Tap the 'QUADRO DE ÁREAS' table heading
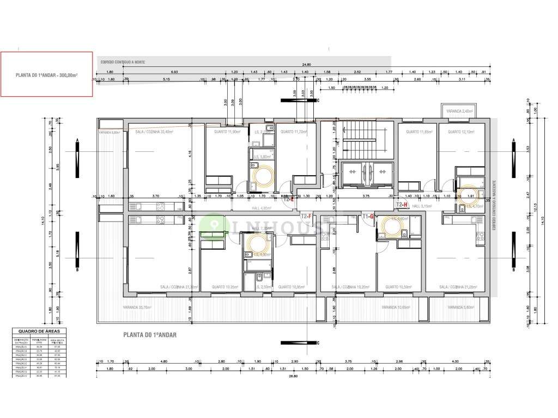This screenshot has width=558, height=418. pyautogui.click(x=39, y=330)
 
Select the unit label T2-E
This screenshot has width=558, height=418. pyautogui.click(x=289, y=199)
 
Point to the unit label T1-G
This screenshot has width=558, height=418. pyautogui.click(x=368, y=217)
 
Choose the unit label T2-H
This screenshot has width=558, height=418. pyautogui.click(x=402, y=205)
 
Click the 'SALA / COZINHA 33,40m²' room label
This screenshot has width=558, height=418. pyautogui.click(x=155, y=132)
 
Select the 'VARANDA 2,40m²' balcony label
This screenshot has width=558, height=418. pyautogui.click(x=460, y=111)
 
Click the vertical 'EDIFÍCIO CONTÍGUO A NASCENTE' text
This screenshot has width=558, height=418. pyautogui.click(x=493, y=205)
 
